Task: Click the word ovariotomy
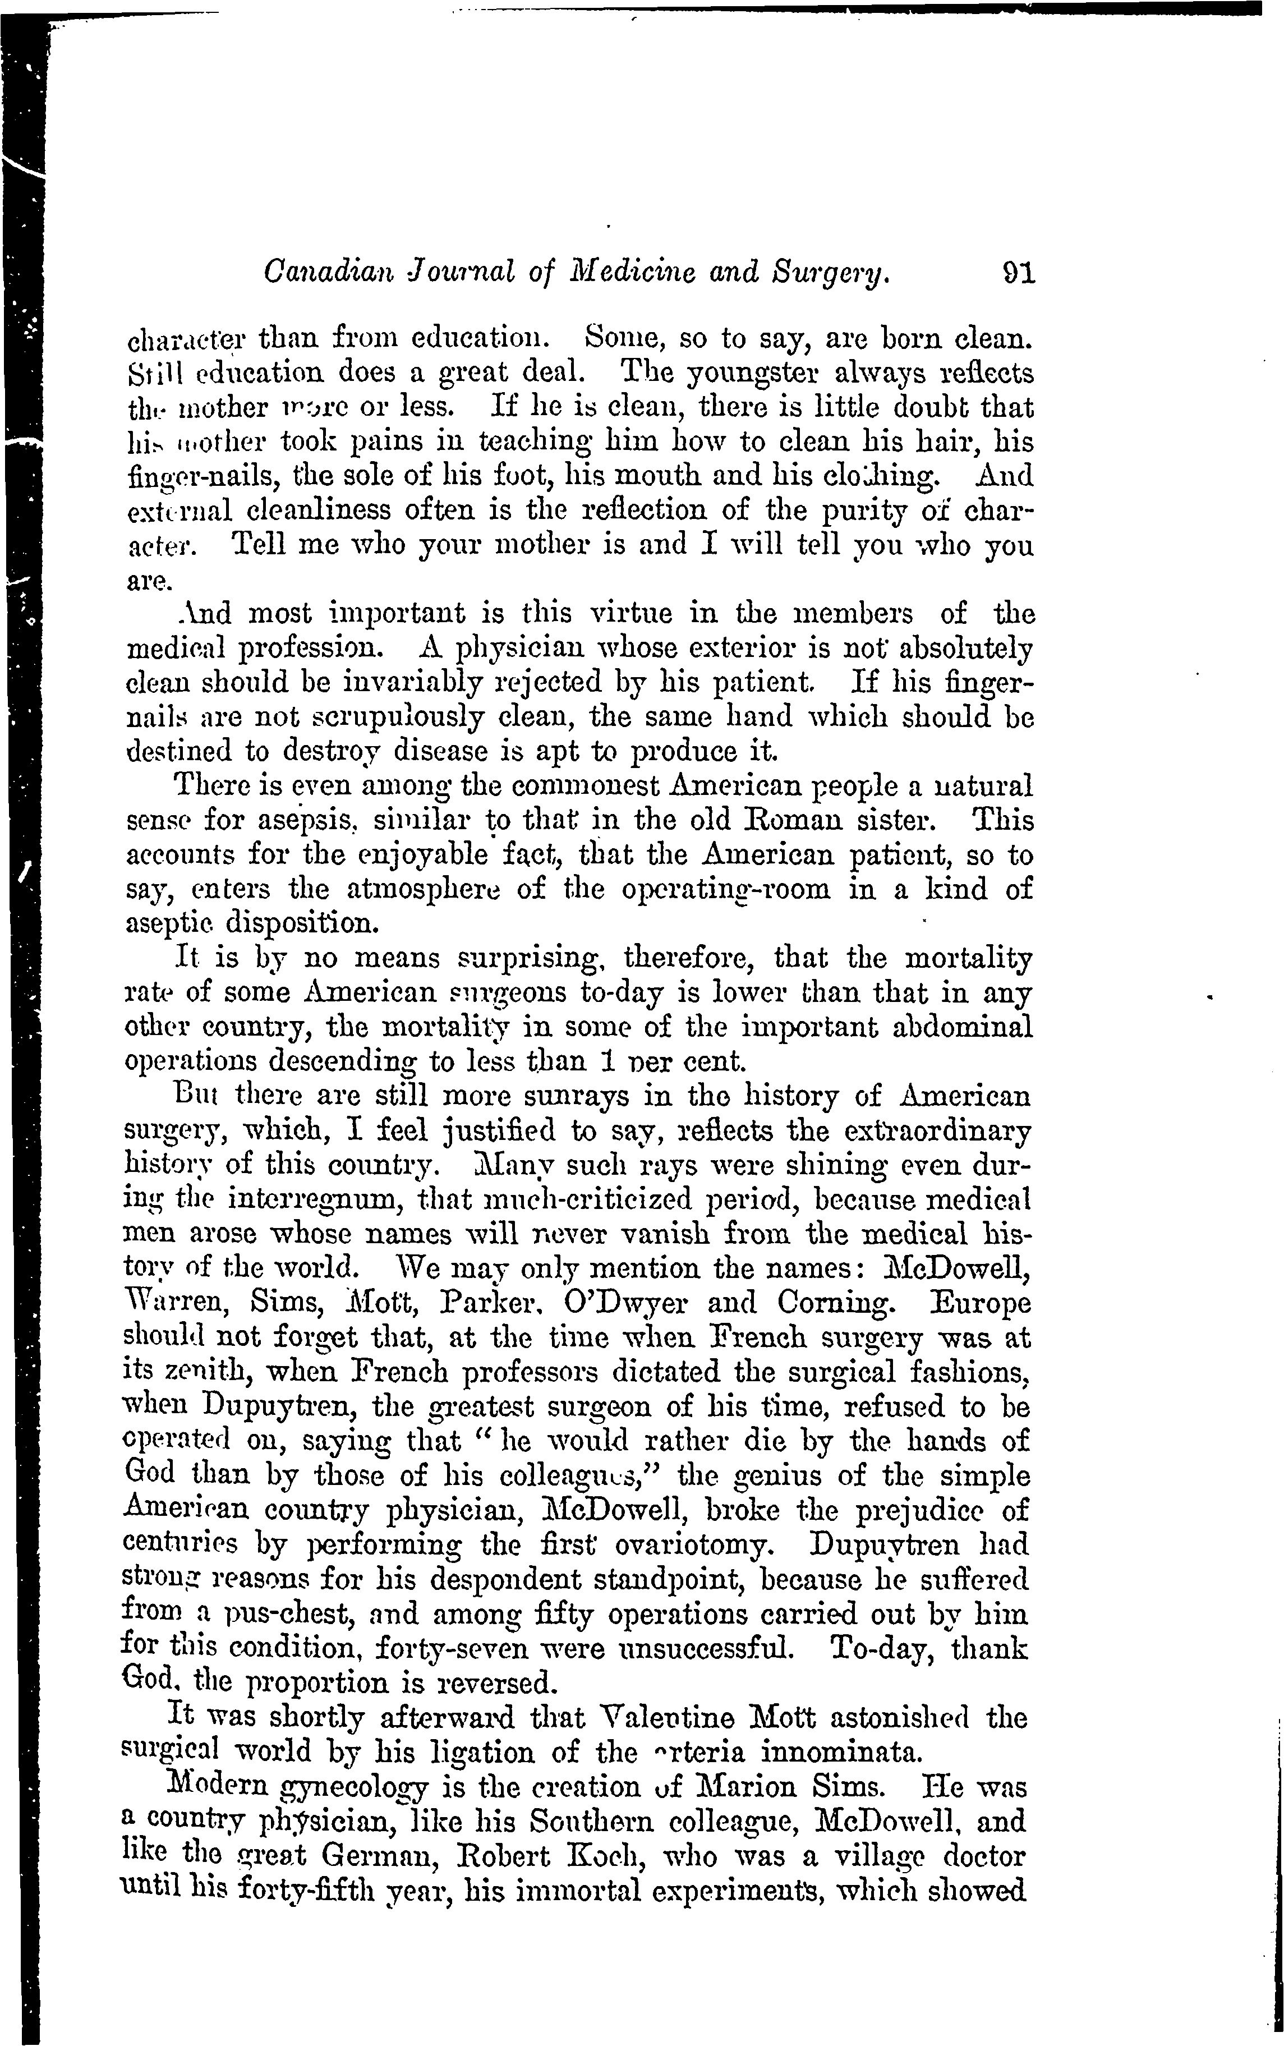point(693,1544)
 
